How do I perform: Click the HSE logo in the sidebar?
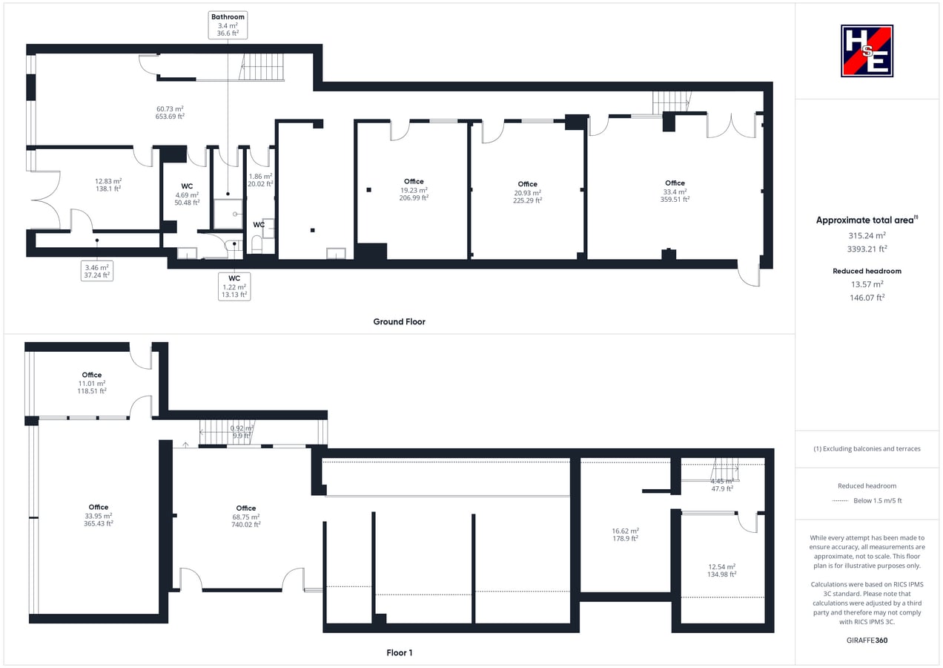(867, 50)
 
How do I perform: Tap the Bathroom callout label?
(228, 25)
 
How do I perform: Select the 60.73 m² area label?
(169, 112)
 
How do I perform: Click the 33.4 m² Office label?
(675, 191)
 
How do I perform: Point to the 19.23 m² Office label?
(414, 189)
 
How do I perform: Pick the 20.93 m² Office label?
(527, 191)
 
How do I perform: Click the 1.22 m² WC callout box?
(234, 286)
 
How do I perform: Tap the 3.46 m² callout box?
(97, 270)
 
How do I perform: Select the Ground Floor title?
(399, 321)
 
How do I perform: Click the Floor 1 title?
(399, 652)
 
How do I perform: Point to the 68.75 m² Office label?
(245, 517)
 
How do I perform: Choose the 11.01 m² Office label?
(92, 383)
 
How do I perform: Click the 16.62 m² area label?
(625, 534)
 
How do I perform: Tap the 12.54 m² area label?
(721, 570)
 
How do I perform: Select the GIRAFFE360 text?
(867, 640)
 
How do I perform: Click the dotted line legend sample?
(840, 501)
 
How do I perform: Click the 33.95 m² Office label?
(98, 515)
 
